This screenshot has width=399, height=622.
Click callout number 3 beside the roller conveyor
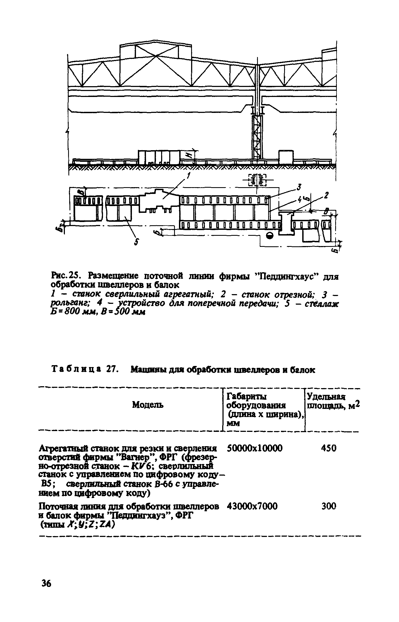pos(299,187)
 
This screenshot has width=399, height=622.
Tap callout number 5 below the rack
pos(137,243)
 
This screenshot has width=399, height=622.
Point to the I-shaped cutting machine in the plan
pos(287,223)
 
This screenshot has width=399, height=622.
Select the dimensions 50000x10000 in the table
pos(255,448)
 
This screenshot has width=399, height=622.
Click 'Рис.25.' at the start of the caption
pos(64,276)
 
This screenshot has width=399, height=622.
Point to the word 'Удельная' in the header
pos(326,397)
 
